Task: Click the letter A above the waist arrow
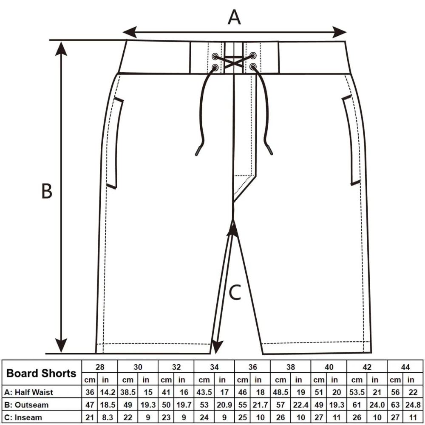click(234, 17)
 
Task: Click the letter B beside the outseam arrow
click(47, 191)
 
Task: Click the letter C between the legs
click(235, 292)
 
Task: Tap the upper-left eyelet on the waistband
click(215, 57)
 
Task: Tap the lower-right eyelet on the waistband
click(253, 66)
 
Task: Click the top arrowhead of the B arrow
click(61, 48)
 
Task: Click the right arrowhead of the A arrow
click(340, 32)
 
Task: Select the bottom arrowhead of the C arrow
click(217, 347)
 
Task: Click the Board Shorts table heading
click(42, 373)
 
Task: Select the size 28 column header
click(100, 367)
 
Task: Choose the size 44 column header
click(405, 367)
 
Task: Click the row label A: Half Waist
click(29, 392)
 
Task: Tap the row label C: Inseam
click(23, 417)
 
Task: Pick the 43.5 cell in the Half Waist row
click(204, 392)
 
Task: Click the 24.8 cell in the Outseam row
click(413, 405)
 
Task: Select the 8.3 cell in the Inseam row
click(108, 417)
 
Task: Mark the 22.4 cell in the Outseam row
click(301, 405)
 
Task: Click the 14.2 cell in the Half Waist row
click(108, 392)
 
